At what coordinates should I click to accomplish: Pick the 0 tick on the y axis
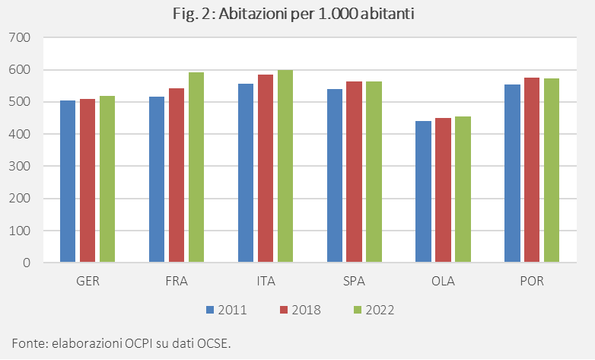tap(26, 263)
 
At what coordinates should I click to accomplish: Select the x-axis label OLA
tap(442, 282)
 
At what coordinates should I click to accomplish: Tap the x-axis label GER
tap(87, 282)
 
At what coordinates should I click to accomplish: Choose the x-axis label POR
tap(531, 282)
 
